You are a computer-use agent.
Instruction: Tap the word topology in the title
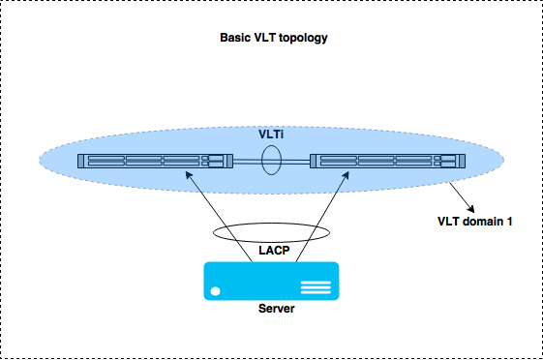click(303, 40)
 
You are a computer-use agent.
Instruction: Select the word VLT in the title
click(266, 40)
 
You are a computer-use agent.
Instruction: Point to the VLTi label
click(272, 135)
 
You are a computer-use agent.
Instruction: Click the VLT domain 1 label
click(475, 221)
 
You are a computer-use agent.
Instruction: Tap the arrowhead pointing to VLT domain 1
click(472, 207)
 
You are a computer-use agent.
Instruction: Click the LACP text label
click(273, 250)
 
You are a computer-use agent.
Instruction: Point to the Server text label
click(276, 309)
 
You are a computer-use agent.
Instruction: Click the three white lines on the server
click(316, 287)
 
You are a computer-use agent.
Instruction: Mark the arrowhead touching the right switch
click(346, 176)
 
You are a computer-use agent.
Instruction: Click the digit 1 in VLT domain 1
click(509, 221)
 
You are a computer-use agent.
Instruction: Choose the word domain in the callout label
click(481, 221)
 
